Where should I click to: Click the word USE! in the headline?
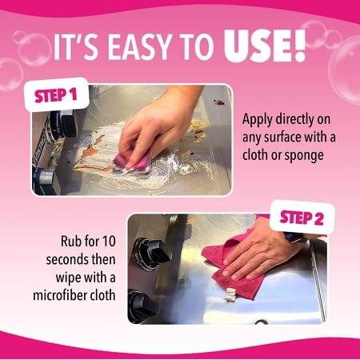(x=265, y=46)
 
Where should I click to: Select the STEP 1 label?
(x=56, y=95)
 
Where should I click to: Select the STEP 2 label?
(x=302, y=218)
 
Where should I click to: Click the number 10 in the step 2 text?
(x=109, y=242)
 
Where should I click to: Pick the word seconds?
(x=67, y=260)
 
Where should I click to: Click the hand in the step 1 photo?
(x=158, y=126)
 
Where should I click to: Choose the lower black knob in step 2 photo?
(x=142, y=306)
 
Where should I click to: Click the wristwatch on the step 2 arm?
(x=294, y=237)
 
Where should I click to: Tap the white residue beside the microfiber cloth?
(x=230, y=295)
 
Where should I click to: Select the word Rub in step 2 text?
(x=70, y=242)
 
